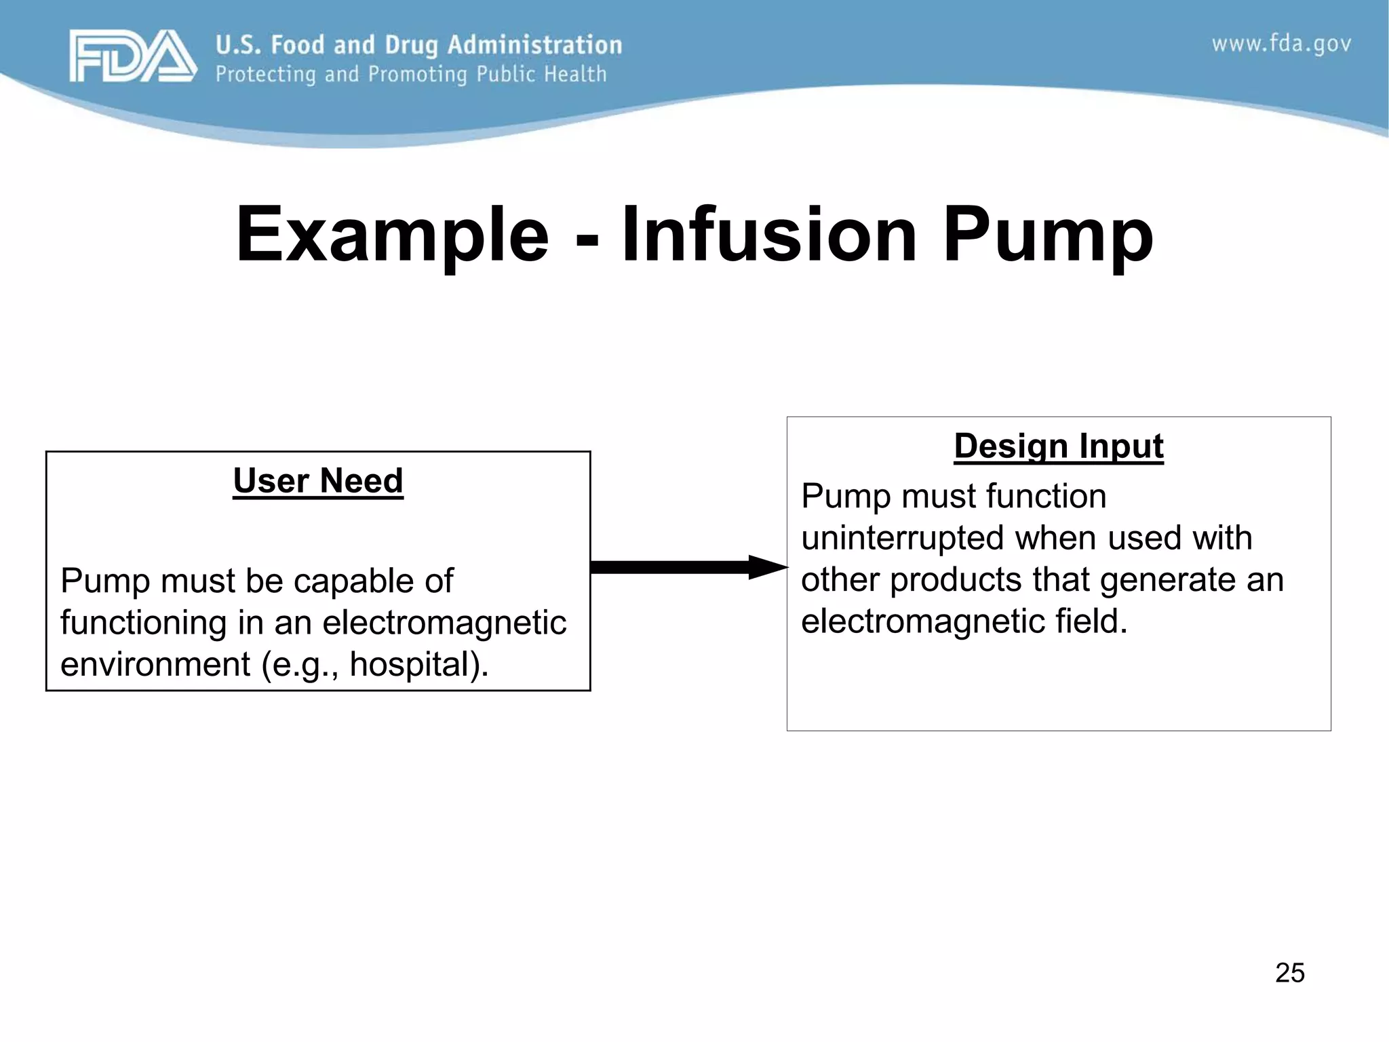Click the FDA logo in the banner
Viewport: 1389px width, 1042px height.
coord(133,56)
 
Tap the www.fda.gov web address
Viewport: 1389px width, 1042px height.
coord(1280,44)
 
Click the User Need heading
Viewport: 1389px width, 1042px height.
coord(317,481)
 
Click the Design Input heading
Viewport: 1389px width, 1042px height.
coord(1058,446)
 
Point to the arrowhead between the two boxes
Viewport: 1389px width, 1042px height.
coord(766,567)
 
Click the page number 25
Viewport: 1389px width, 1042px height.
coord(1289,973)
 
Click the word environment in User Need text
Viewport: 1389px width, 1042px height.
coord(155,664)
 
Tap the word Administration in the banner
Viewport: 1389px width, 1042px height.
coord(534,45)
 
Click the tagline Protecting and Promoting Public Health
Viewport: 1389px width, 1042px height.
coord(411,74)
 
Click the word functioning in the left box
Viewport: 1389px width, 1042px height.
coord(143,623)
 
